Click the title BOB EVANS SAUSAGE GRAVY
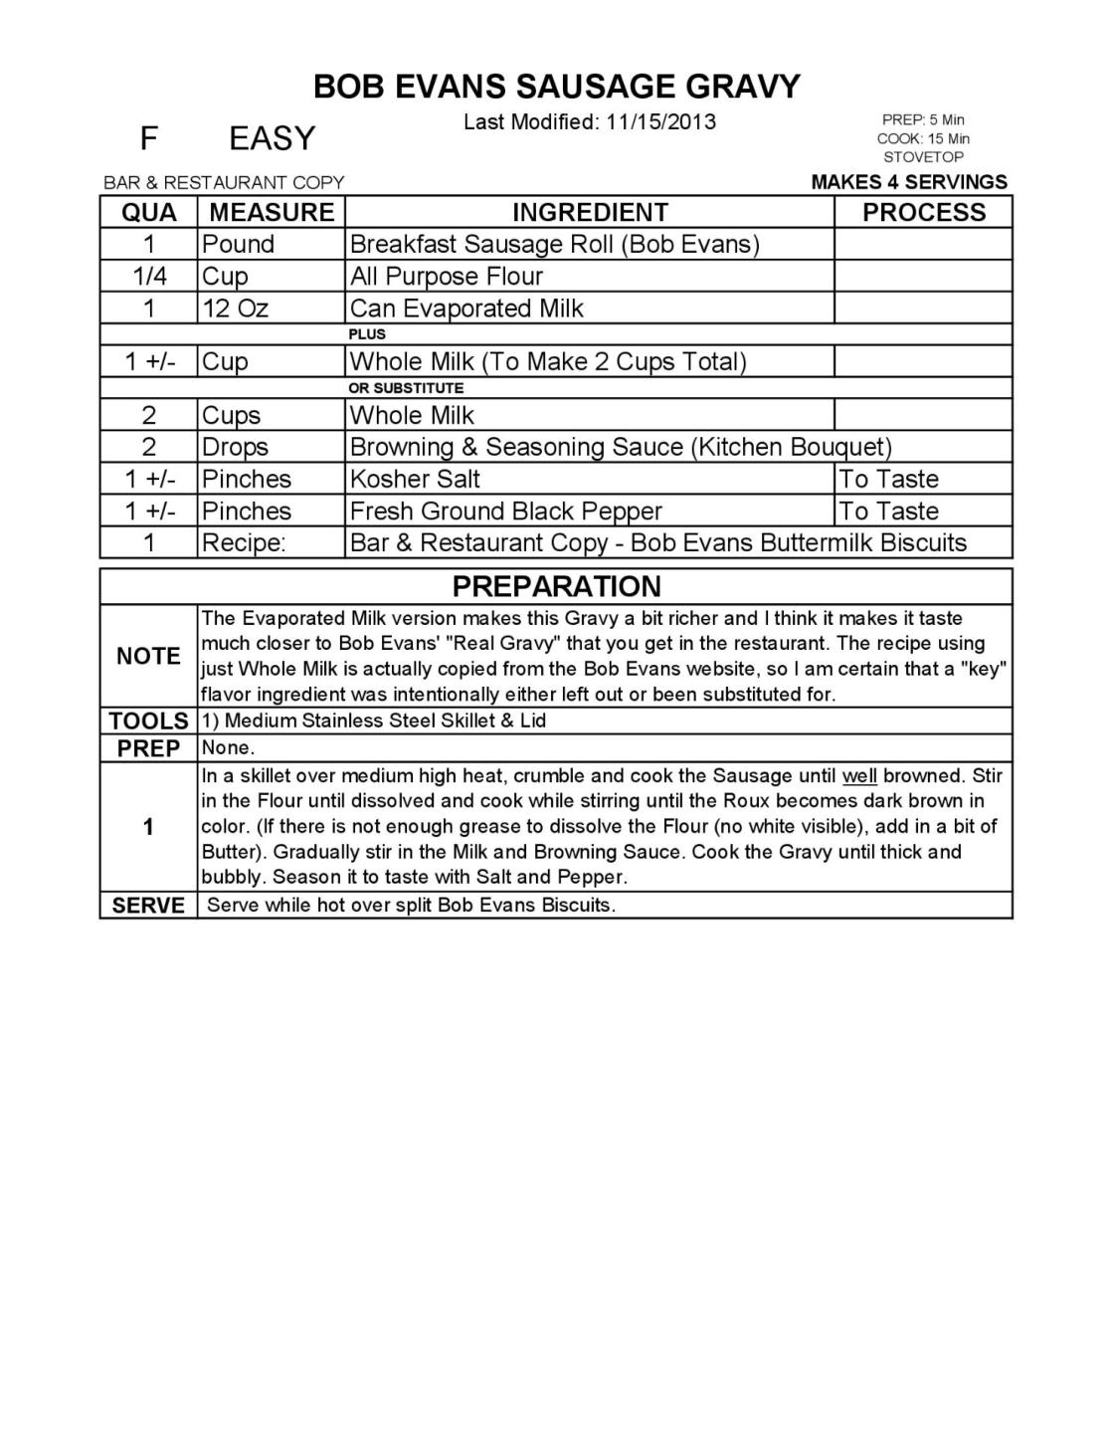(x=556, y=87)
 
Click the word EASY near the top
(x=272, y=138)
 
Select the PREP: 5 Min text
(x=923, y=120)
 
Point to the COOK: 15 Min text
(x=923, y=138)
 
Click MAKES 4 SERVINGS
(x=909, y=182)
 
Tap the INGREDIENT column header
(x=590, y=212)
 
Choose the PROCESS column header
(x=923, y=212)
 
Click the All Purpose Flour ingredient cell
(x=447, y=276)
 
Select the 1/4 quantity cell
(x=149, y=276)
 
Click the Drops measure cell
(x=235, y=447)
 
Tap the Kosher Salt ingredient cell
(x=415, y=479)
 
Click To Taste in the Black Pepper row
(x=888, y=511)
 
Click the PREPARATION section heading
(x=556, y=586)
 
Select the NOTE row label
(x=148, y=656)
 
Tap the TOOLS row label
(x=148, y=721)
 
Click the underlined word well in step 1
(x=859, y=775)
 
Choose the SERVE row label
(x=148, y=906)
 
